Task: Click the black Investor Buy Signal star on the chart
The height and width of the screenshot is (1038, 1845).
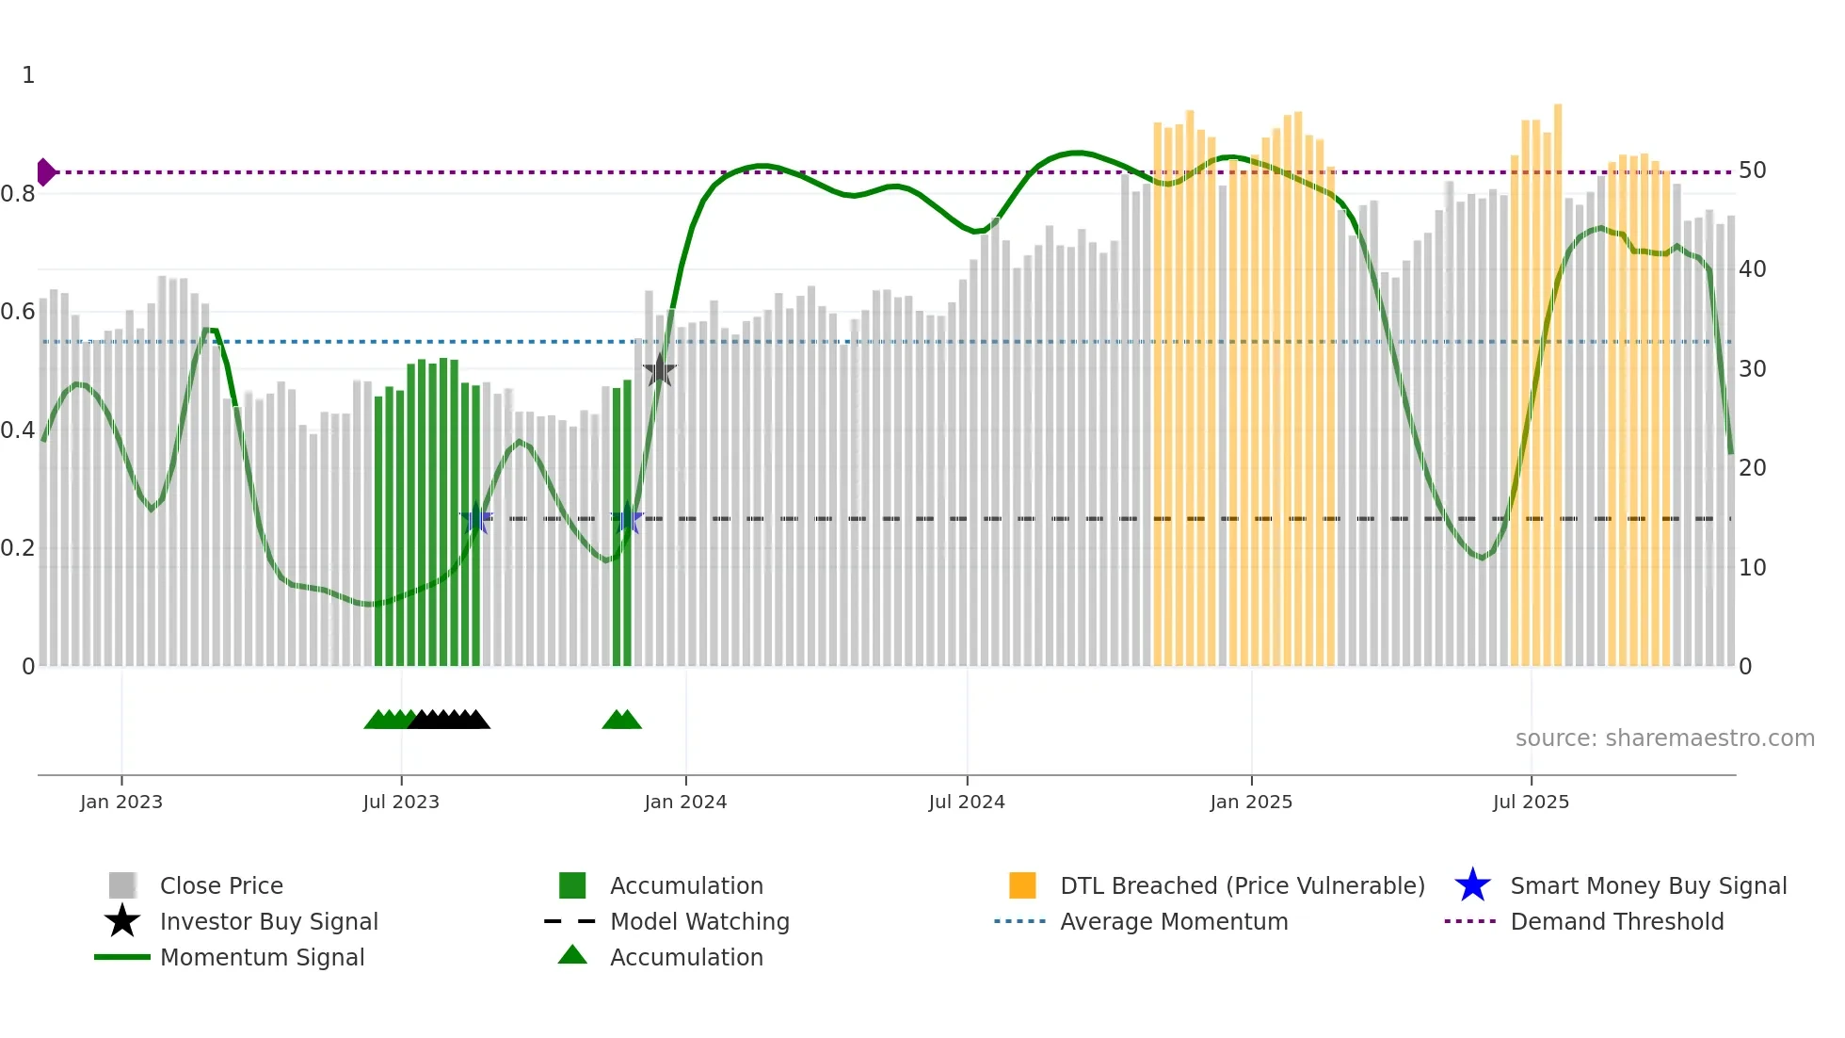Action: (x=659, y=371)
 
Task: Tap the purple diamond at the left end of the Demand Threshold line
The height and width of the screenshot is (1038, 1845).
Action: (x=45, y=172)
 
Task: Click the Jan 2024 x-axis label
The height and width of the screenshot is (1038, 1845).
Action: (x=685, y=802)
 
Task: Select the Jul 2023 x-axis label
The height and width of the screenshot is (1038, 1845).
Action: (x=401, y=802)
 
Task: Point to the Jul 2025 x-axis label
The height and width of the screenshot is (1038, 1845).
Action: (x=1531, y=802)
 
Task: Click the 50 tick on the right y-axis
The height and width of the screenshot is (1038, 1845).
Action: (x=1752, y=170)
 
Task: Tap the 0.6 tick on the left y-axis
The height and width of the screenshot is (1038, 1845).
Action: (x=18, y=312)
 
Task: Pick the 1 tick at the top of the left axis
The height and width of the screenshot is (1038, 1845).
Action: (x=28, y=75)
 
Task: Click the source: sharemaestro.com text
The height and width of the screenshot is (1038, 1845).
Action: (x=1664, y=738)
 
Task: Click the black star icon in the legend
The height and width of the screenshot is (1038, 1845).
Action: (x=122, y=921)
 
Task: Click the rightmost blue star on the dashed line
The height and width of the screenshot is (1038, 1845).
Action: (x=627, y=519)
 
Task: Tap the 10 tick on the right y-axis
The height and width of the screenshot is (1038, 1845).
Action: (x=1752, y=568)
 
